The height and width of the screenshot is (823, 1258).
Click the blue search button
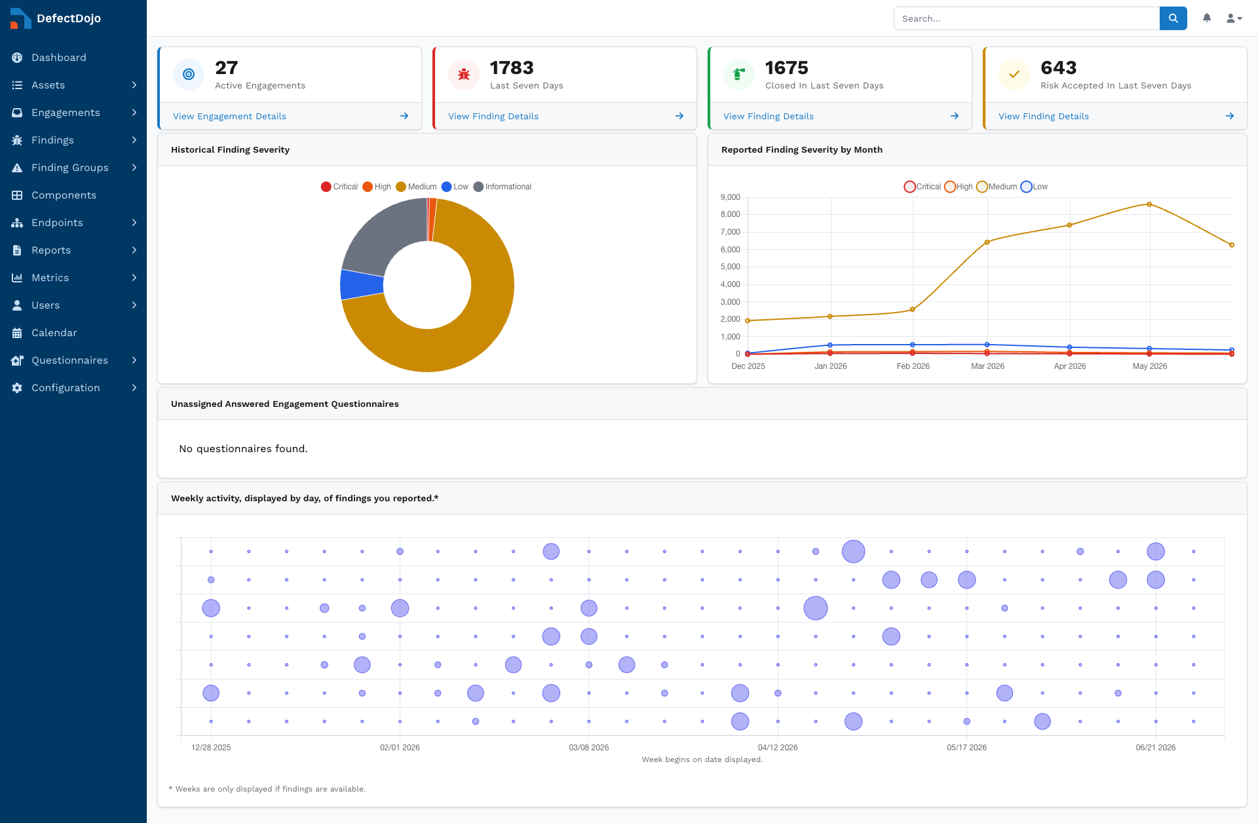click(1173, 18)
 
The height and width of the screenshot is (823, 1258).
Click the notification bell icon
click(1207, 18)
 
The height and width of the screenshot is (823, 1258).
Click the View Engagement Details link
click(229, 116)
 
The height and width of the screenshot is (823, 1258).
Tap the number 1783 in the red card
click(512, 67)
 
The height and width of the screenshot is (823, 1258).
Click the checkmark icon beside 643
click(1014, 74)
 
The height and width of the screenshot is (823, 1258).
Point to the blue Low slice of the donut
click(361, 285)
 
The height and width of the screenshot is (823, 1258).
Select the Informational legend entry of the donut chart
click(503, 187)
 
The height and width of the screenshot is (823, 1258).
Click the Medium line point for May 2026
click(1149, 204)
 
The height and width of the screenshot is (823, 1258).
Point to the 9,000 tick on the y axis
click(731, 197)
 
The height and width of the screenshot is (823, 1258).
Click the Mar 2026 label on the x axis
click(987, 366)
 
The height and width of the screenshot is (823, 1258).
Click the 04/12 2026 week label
click(778, 748)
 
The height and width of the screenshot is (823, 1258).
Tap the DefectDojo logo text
click(69, 18)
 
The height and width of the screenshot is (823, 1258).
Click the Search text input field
click(1027, 18)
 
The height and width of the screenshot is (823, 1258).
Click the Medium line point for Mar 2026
click(987, 242)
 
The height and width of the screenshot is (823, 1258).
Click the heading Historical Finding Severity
click(230, 149)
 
